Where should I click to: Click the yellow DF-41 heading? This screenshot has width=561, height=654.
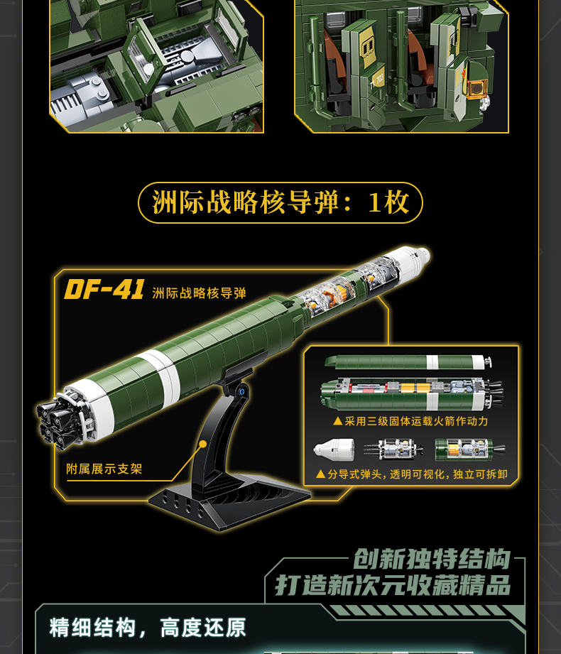point(104,289)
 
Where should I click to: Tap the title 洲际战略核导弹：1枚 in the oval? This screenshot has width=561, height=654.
point(280,202)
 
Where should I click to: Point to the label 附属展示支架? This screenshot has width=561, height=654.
point(104,469)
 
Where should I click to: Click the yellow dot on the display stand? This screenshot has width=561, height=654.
point(202,445)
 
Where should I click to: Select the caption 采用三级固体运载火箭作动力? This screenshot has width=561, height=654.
point(411,421)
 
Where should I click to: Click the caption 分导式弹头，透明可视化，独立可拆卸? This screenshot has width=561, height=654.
point(412,474)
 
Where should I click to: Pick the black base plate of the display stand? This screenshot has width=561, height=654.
point(229,501)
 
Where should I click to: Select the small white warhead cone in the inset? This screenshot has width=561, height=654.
point(334,449)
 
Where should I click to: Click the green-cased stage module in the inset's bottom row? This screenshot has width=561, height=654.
point(469,449)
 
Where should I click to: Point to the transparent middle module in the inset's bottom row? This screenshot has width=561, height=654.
point(393,449)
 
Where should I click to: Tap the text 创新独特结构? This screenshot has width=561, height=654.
point(432,558)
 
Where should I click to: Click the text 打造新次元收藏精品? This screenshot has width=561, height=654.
point(393,585)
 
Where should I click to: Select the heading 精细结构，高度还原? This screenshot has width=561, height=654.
point(148,628)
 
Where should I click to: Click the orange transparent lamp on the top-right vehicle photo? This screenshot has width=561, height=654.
point(476,89)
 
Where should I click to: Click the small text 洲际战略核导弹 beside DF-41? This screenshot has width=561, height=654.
point(199,293)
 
